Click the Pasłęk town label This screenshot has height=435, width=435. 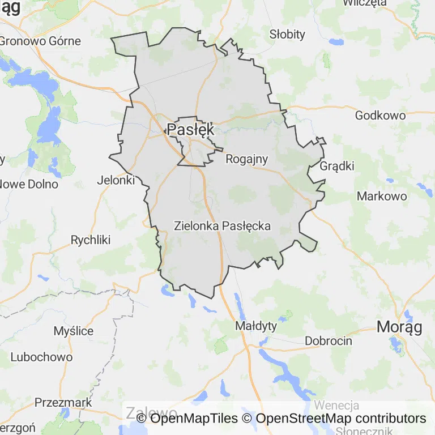tap(191, 129)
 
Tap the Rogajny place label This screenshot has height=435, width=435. tap(246, 159)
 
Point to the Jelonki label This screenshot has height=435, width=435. tap(116, 180)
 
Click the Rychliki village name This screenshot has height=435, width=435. tap(90, 240)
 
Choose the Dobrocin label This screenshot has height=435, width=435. tap(329, 341)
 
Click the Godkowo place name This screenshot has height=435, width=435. tap(380, 116)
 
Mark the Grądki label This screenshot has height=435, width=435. tap(337, 166)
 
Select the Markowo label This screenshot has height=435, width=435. tap(382, 196)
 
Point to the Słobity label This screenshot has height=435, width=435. tap(287, 35)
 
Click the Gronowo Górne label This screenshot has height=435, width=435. tap(40, 41)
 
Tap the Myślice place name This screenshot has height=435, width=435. tap(74, 331)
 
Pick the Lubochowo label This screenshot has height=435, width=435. tap(42, 357)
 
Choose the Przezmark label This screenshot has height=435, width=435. tap(63, 402)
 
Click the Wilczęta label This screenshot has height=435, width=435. tap(365, 3)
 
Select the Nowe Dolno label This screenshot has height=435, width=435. tap(29, 184)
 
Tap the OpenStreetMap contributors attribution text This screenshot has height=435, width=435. tap(341, 419)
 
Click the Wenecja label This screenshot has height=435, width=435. tap(336, 406)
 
